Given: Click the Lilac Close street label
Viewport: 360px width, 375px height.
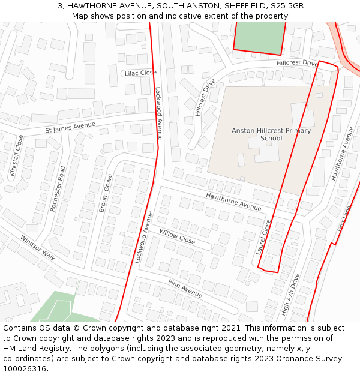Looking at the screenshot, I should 140,73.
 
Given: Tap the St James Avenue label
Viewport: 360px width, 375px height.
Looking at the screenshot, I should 70,127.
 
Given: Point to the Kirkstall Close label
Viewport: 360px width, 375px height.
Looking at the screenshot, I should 17,155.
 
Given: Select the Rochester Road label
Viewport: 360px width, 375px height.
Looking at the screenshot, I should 58,188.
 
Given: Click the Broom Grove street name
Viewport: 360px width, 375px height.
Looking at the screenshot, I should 106,193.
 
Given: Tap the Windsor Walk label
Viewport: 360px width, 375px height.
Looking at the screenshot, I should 37,247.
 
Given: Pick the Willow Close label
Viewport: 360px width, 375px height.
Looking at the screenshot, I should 177,236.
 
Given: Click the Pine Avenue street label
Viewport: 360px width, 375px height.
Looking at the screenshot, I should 185,289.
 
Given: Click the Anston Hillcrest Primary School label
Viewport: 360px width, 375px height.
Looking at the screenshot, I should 271,134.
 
